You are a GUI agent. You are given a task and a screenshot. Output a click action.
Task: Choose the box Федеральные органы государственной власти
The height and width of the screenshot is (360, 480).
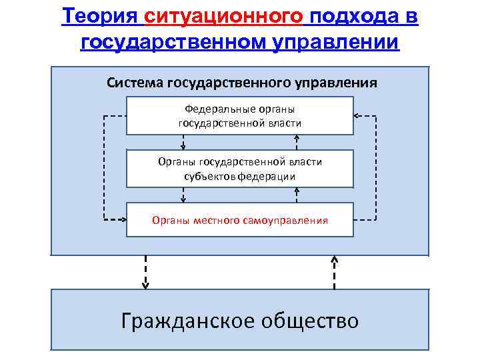[240, 115]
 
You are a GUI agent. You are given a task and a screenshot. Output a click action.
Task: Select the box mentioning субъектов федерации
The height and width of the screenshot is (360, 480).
[240, 169]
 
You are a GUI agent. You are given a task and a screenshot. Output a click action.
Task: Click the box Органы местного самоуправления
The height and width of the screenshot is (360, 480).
[240, 219]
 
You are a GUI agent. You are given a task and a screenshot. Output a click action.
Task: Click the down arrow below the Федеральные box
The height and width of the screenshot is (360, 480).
[183, 143]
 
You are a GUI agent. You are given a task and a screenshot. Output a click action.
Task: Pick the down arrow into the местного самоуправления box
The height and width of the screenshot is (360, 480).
[183, 195]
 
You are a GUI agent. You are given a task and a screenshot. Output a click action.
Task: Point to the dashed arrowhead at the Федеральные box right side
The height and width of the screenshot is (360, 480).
[357, 116]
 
